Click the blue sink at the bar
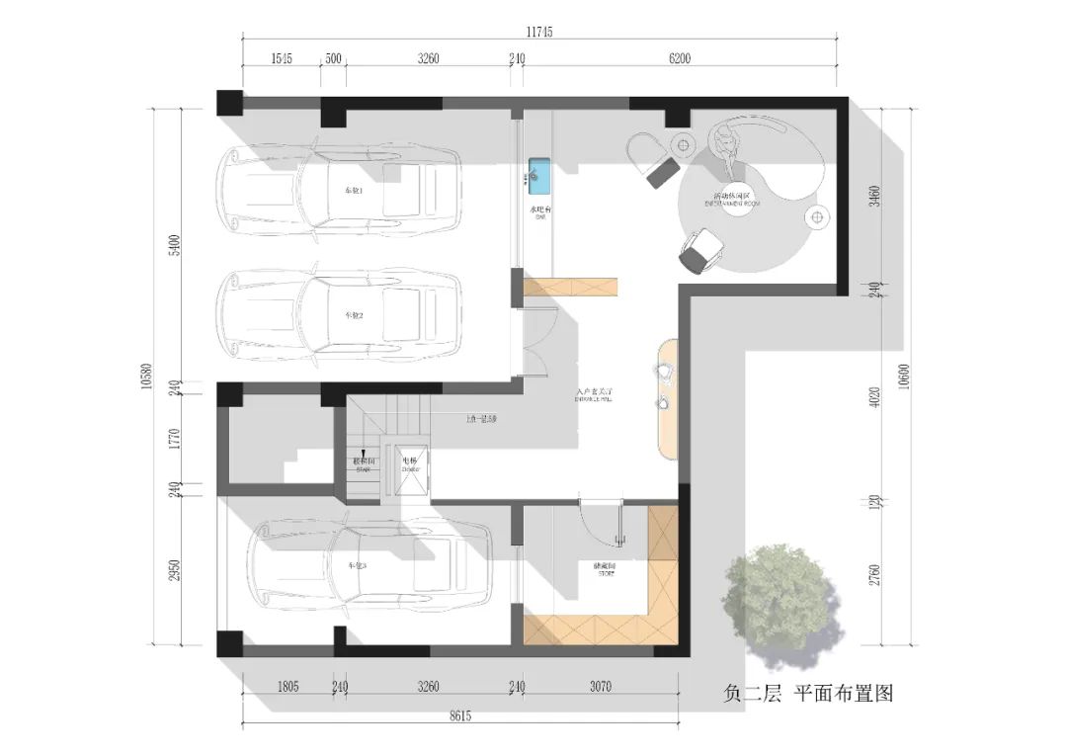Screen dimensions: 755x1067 (x=539, y=175)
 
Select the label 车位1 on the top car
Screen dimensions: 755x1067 (x=354, y=190)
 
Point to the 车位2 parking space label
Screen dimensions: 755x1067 (x=354, y=315)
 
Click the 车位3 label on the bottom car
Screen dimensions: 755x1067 (x=357, y=565)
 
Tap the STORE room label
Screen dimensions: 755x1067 (x=604, y=570)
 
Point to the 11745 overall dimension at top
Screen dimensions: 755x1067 (x=538, y=32)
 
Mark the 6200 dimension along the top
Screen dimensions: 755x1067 (x=680, y=58)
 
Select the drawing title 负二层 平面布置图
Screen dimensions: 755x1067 (x=807, y=694)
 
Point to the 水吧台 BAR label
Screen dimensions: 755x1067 (x=540, y=212)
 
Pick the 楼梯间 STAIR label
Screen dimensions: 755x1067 (x=363, y=464)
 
